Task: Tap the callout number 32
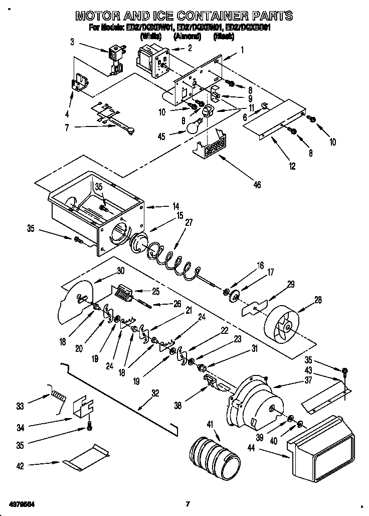click(x=155, y=394)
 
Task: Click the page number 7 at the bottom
click(x=187, y=504)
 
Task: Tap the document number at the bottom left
click(x=21, y=503)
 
